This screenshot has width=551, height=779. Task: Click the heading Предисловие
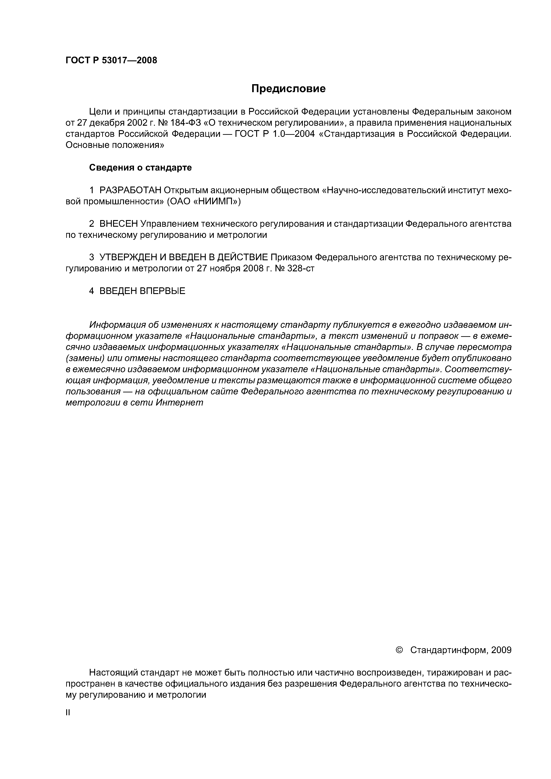[x=288, y=89]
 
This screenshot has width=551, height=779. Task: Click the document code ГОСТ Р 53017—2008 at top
[x=111, y=60]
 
